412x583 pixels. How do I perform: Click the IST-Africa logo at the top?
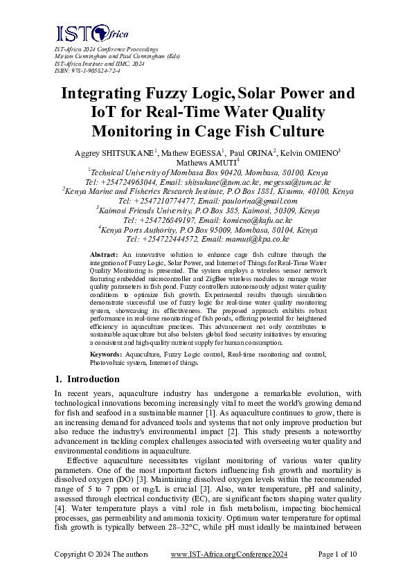coord(83,34)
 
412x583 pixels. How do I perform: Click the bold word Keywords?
coord(108,354)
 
